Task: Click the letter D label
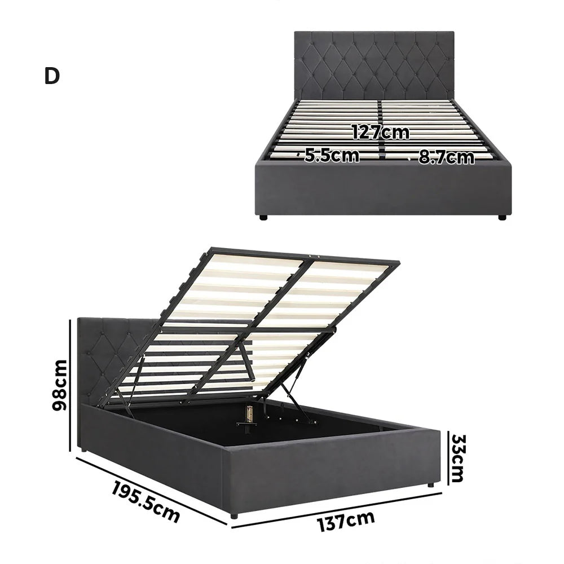click(51, 77)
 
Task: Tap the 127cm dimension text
click(381, 133)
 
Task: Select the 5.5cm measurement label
click(332, 156)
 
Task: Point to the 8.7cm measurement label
click(446, 157)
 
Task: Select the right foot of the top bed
click(500, 217)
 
